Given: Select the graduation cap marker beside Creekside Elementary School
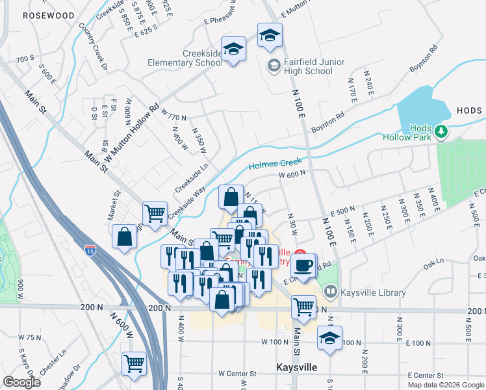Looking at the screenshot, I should (x=233, y=49).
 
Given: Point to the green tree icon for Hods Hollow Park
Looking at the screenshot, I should (x=442, y=132).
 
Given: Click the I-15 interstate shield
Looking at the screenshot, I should (x=89, y=249).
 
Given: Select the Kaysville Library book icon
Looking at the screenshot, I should (x=331, y=293).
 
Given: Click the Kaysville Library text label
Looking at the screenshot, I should (x=373, y=293).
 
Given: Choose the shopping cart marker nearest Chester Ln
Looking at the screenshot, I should (x=134, y=363).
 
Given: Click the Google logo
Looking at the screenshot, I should (x=21, y=382).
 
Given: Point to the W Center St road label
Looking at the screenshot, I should (x=238, y=374).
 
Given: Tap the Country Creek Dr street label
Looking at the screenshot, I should (x=92, y=46).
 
